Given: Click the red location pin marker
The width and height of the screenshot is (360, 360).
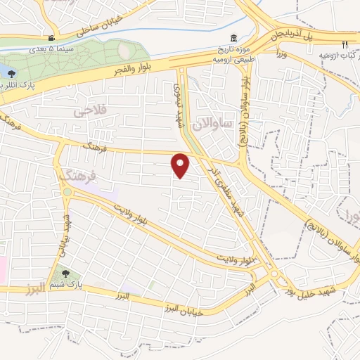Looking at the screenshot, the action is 181,166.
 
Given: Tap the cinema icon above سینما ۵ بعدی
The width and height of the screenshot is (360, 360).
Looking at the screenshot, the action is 51,38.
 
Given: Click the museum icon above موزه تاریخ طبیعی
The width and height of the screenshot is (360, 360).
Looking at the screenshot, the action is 233,38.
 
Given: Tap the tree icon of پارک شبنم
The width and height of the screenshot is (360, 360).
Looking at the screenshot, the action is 65,274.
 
